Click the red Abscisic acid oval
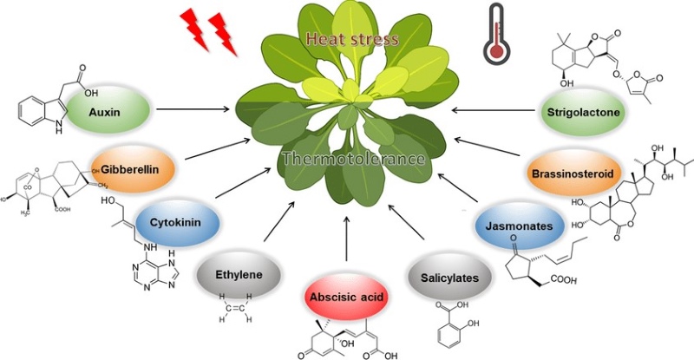pos(346,297)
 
